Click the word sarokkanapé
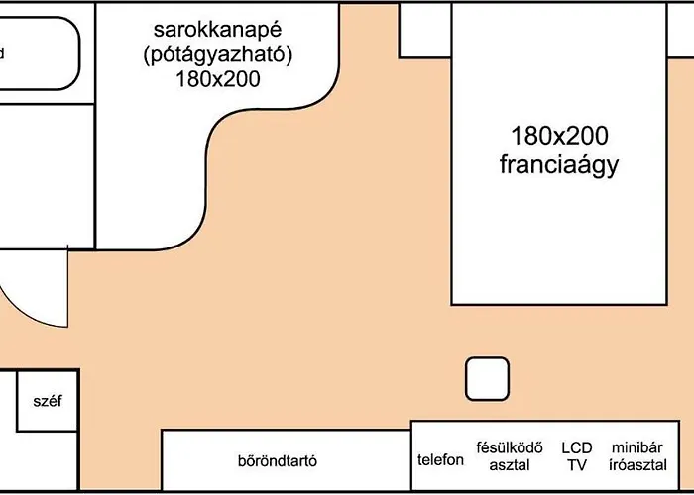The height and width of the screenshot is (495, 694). click(217, 31)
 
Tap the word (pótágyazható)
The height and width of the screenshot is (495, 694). click(218, 56)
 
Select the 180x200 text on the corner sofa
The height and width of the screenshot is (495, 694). click(218, 79)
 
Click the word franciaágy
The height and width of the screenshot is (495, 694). click(559, 165)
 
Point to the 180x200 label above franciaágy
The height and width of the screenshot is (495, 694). click(559, 136)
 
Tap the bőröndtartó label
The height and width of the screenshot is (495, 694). click(278, 461)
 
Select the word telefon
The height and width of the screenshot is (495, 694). click(440, 460)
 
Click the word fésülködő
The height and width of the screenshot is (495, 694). click(510, 447)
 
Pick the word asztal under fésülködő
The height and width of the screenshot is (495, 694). click(510, 465)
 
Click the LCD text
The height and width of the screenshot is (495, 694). click(577, 447)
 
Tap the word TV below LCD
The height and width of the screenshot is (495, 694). click(577, 465)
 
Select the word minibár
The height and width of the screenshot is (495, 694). click(637, 447)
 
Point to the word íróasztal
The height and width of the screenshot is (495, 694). click(637, 465)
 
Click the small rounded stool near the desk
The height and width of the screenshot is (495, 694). click(487, 379)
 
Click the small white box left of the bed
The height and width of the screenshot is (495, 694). click(425, 30)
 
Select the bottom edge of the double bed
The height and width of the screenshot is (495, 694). click(559, 305)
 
